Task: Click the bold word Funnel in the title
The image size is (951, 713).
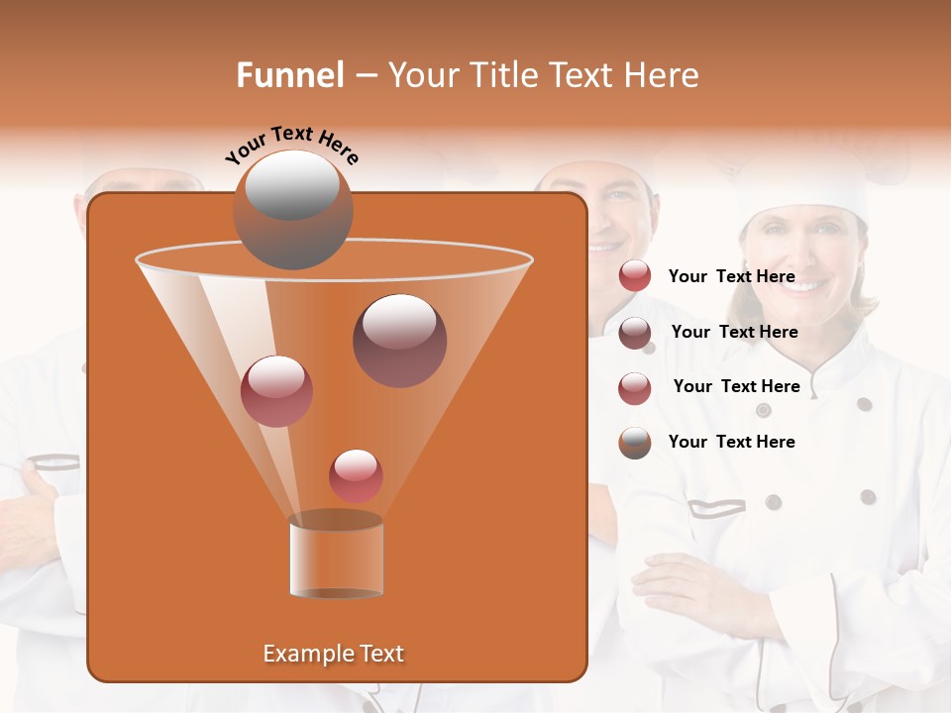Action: pyautogui.click(x=289, y=75)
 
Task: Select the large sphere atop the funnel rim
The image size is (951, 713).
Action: pyautogui.click(x=292, y=209)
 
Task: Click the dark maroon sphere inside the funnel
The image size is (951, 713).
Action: pyautogui.click(x=399, y=341)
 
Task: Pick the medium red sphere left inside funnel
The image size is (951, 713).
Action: pyautogui.click(x=276, y=391)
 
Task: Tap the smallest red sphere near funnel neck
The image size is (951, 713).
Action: pyautogui.click(x=356, y=475)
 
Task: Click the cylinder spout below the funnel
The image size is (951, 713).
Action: pyautogui.click(x=336, y=555)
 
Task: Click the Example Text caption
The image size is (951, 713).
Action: pyautogui.click(x=334, y=654)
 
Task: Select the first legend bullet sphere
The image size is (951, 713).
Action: pyautogui.click(x=634, y=276)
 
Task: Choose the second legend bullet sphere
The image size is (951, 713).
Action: pyautogui.click(x=634, y=332)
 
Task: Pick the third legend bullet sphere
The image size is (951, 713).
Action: pyautogui.click(x=634, y=387)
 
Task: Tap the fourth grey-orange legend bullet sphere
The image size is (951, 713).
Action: pyautogui.click(x=634, y=443)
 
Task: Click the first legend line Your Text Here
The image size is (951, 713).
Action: pyautogui.click(x=731, y=276)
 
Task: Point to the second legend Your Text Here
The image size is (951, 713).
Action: pyautogui.click(x=734, y=332)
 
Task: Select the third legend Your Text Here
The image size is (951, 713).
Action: pyautogui.click(x=736, y=386)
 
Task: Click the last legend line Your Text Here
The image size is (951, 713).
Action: pyautogui.click(x=731, y=442)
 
